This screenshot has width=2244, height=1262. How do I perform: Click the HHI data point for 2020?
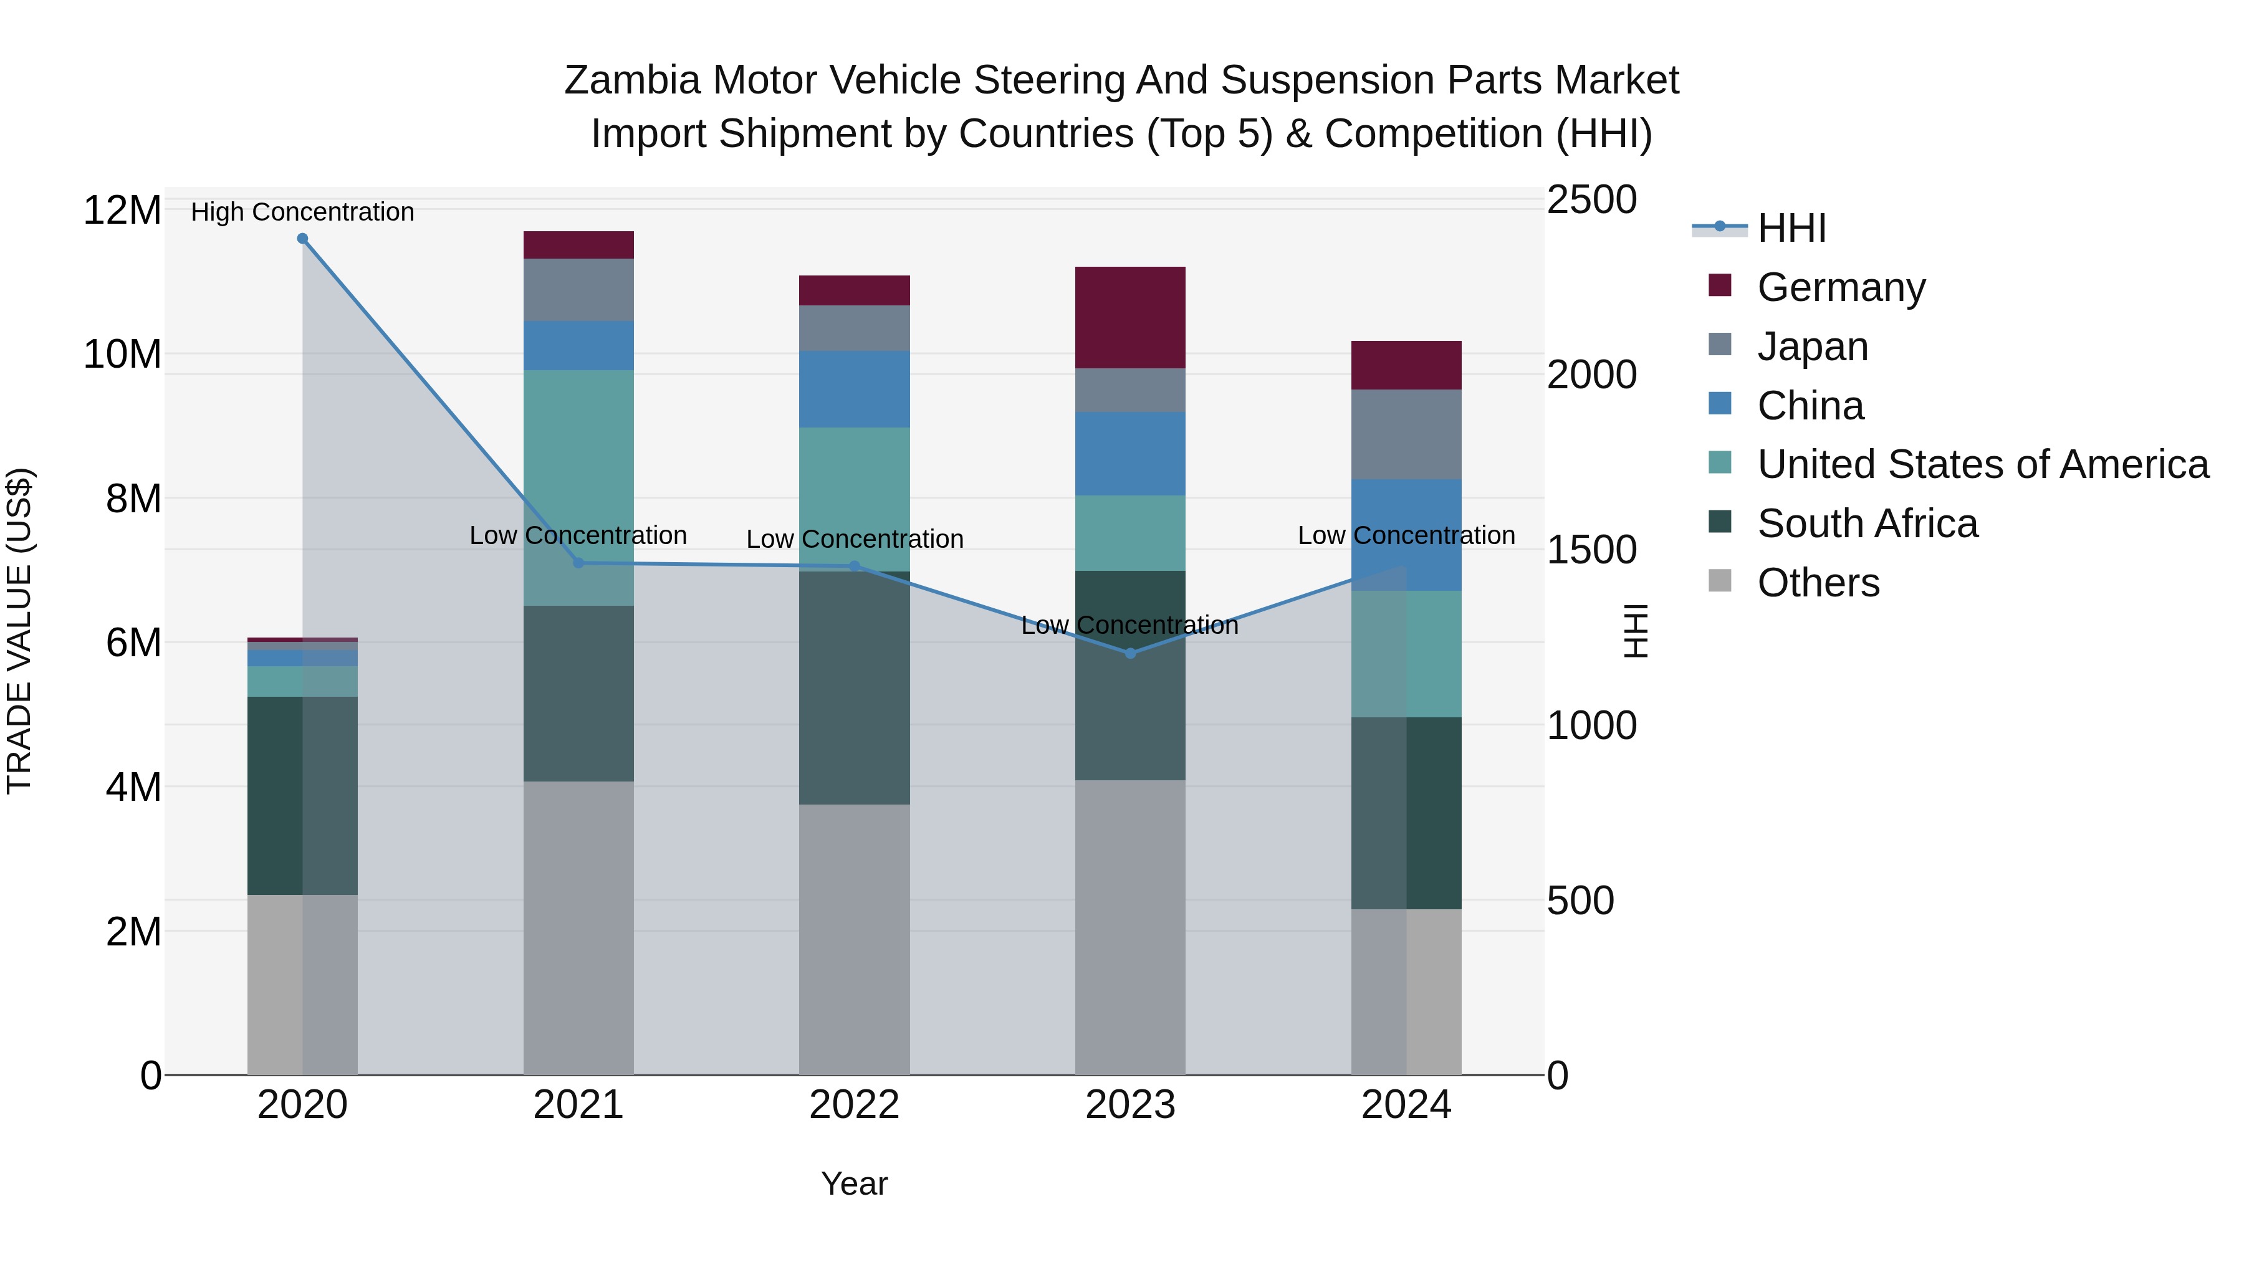point(302,239)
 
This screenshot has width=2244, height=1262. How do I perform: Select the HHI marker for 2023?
point(1130,653)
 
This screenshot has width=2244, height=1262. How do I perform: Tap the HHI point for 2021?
point(578,563)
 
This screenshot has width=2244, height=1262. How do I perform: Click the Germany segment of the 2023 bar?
point(1130,317)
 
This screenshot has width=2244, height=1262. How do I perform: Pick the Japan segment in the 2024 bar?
point(1406,434)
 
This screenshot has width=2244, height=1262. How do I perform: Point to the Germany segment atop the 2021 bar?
point(578,245)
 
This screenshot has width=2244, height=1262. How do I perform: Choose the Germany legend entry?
point(1840,287)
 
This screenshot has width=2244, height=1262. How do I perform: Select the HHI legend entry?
point(1790,228)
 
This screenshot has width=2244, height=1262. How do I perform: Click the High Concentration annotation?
point(302,212)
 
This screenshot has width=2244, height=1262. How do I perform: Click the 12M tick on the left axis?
point(122,211)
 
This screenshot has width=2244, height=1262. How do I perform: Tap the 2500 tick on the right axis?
point(1591,199)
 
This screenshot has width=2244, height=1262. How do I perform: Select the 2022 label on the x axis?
point(854,1105)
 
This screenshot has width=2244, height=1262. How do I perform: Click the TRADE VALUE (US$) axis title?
point(19,631)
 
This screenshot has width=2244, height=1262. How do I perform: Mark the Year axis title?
point(854,1183)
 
